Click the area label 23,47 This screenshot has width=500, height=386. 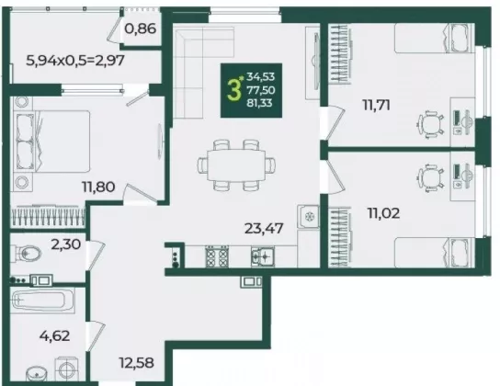click(264, 228)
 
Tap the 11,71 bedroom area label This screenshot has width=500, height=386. click(376, 105)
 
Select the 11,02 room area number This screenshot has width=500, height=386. click(383, 213)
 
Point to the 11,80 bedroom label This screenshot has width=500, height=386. click(98, 187)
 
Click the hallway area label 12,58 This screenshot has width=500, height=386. click(136, 363)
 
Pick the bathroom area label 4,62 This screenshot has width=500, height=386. click(54, 335)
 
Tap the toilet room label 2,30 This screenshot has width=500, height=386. click(65, 244)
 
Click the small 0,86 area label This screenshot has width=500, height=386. click(141, 28)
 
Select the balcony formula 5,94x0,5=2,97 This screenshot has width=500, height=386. click(75, 60)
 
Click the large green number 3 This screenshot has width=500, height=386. click(233, 90)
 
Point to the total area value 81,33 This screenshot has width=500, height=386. click(260, 103)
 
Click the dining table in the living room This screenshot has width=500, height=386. click(236, 165)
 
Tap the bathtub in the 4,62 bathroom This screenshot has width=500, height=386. click(39, 300)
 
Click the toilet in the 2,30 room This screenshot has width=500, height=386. click(26, 254)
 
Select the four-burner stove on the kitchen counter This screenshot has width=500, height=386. click(217, 256)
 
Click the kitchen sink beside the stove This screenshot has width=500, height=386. click(263, 256)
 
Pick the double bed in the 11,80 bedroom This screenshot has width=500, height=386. click(51, 142)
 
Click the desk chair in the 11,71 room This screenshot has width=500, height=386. click(431, 124)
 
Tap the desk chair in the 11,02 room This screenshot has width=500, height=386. click(431, 178)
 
